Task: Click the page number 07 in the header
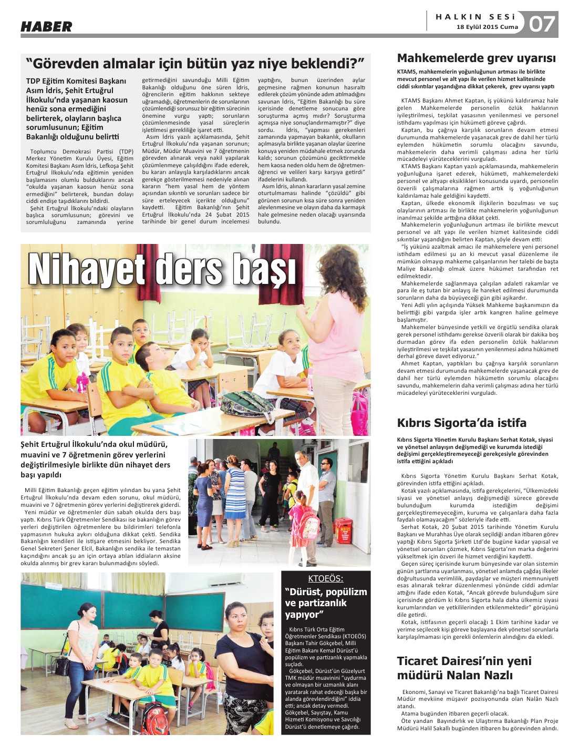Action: click(x=542, y=24)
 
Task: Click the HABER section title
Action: click(x=46, y=26)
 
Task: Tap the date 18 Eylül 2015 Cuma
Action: click(x=487, y=27)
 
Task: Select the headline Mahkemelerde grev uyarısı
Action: click(x=476, y=58)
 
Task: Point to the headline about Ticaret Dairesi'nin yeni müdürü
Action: click(x=464, y=668)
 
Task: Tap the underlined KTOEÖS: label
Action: click(x=326, y=578)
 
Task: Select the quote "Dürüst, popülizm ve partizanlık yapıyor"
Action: click(x=326, y=603)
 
